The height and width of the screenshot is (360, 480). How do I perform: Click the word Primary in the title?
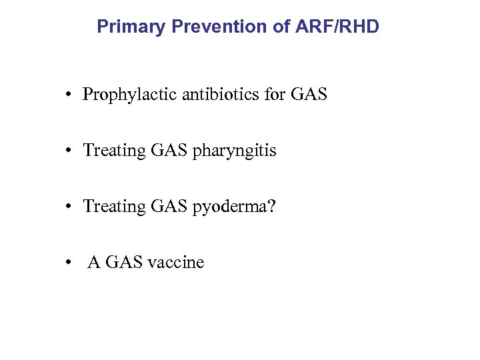(131, 27)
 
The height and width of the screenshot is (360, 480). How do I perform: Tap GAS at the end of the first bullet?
(309, 95)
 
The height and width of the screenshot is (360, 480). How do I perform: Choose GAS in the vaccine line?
(123, 263)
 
